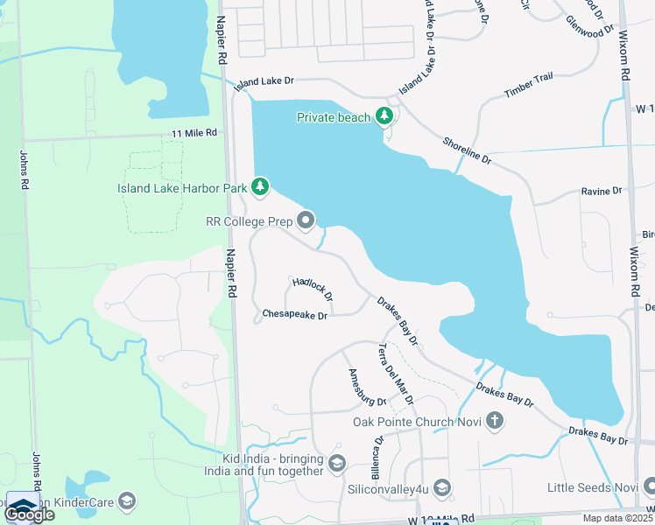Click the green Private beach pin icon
(383, 116)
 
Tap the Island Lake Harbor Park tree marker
(259, 186)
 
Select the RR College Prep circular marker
(306, 221)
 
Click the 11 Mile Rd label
(194, 132)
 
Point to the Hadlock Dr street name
(313, 290)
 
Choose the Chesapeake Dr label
(295, 315)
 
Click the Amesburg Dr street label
(367, 388)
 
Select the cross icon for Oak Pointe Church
(494, 422)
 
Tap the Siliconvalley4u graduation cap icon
(442, 487)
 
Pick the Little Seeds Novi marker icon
(647, 486)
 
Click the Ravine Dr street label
(601, 190)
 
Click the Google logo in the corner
(29, 514)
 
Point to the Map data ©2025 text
(616, 518)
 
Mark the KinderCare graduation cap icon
(127, 500)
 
